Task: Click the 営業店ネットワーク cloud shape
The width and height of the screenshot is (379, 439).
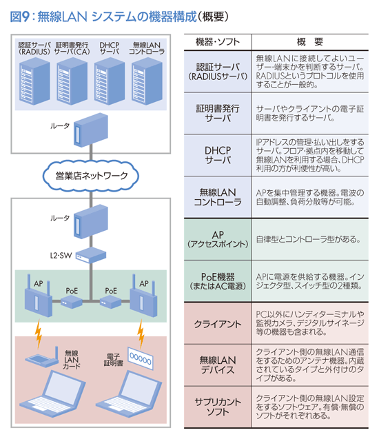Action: click(x=91, y=176)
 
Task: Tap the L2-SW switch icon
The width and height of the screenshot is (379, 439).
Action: click(x=91, y=256)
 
